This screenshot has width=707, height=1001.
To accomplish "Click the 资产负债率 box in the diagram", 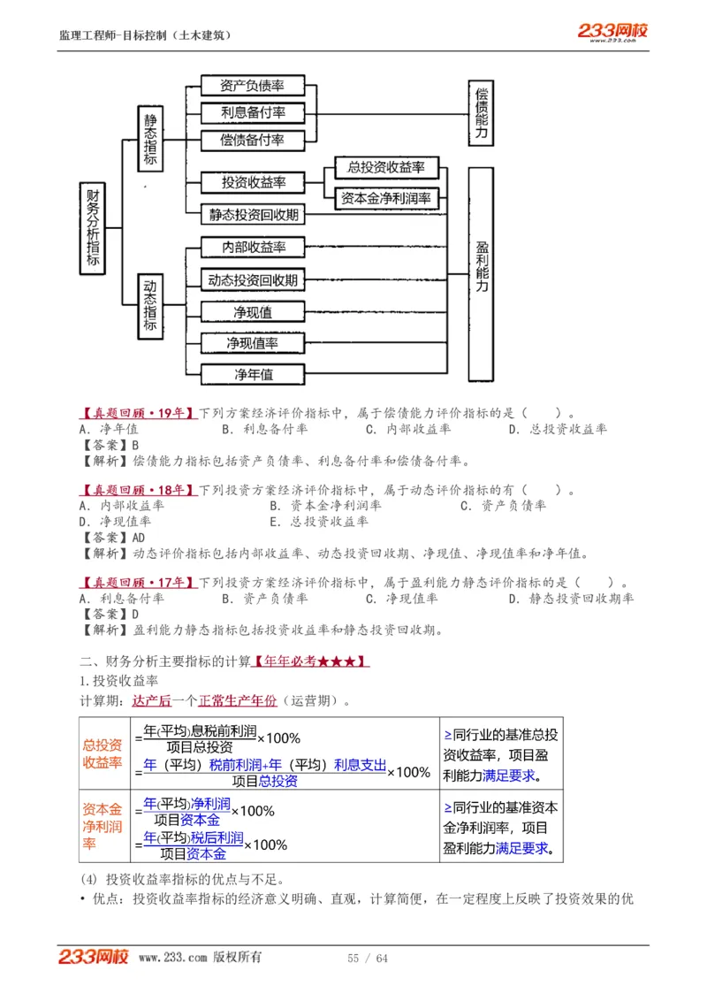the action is pos(252,86).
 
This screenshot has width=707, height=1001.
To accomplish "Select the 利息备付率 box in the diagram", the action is pos(252,113).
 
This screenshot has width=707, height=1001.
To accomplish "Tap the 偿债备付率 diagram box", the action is pos(252,140).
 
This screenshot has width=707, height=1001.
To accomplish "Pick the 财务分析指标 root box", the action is pos(93,229).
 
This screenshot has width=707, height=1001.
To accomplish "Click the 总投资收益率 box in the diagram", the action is pos(386,167).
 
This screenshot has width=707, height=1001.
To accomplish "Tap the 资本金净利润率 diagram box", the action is pos(386,198).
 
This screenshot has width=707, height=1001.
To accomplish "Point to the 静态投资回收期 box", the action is pos(254,214).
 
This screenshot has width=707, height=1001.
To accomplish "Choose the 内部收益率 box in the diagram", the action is pos(254,247).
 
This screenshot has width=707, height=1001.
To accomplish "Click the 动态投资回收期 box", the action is pos(254,280).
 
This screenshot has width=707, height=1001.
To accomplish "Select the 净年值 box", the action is pos(254,374).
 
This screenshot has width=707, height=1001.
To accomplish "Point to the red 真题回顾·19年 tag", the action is pos(137,412).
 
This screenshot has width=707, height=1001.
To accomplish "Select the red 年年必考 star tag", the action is pos(311,661).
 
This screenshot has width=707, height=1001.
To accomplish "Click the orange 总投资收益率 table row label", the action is pos(103,753).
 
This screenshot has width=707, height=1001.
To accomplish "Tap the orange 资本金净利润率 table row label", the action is pos(103,826).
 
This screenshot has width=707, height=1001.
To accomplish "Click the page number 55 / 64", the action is pos(368,959).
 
